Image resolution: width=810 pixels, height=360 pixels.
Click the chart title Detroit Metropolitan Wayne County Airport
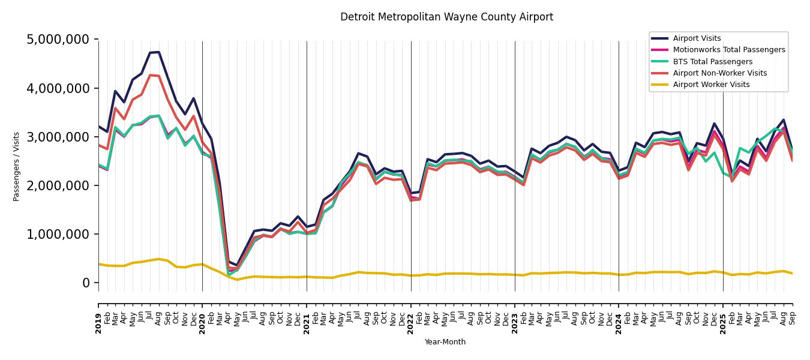446,17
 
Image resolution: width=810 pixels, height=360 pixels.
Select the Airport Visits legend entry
697,38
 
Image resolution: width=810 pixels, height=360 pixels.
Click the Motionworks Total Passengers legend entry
728,50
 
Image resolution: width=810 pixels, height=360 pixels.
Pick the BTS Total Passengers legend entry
712,62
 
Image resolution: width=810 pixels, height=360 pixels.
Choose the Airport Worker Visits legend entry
711,85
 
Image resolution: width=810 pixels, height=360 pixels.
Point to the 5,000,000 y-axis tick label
58,40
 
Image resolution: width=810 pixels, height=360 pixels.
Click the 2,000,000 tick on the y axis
58,185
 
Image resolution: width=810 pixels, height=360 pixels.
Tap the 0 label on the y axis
86,283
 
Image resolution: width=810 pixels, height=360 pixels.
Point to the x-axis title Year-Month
445,342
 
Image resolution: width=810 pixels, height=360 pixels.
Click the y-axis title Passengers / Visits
17,166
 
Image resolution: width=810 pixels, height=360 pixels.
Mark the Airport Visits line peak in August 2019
158,52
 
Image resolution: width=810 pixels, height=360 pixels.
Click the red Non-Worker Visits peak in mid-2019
150,75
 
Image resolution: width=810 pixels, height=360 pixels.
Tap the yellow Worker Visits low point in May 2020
237,280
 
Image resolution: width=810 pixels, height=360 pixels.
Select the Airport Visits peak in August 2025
784,119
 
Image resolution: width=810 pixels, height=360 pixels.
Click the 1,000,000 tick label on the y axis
58,234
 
